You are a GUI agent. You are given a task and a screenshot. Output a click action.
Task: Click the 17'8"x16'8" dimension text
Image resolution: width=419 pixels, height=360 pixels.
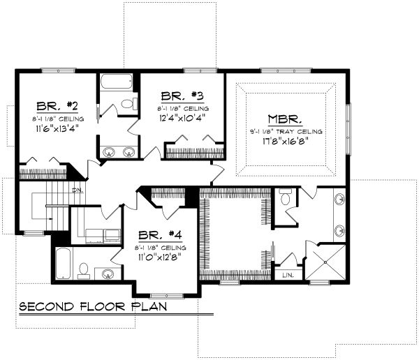tap(284, 140)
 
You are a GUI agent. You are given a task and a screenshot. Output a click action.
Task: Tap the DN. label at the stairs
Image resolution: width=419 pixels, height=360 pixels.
tap(77, 190)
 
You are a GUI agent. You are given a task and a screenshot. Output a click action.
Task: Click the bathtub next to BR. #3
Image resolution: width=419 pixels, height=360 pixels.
tap(116, 82)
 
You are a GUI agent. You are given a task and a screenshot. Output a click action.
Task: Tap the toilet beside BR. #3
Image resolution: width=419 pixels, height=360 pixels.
tap(126, 105)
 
